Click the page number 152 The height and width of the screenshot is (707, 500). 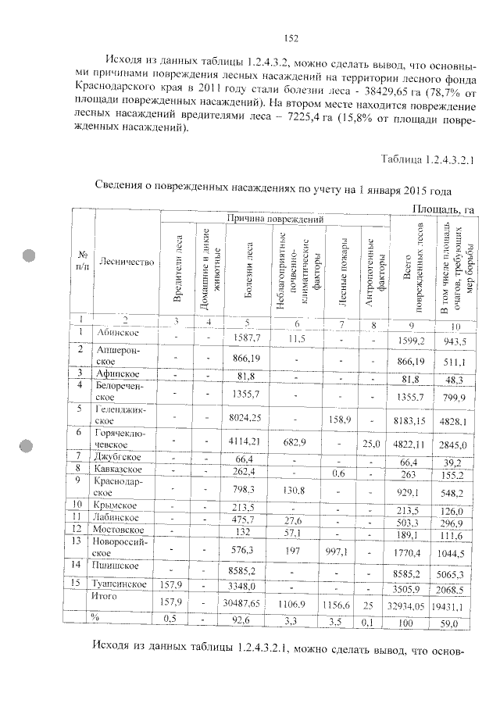291,38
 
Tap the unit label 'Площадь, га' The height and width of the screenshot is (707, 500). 443,207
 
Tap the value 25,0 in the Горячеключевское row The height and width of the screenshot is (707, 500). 371,445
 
